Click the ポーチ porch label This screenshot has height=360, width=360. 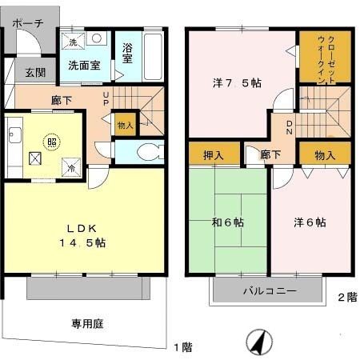click(28, 24)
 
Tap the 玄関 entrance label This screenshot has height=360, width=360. click(34, 73)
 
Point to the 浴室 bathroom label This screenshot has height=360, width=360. click(127, 54)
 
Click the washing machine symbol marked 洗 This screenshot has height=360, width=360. click(72, 42)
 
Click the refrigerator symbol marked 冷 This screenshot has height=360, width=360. click(70, 167)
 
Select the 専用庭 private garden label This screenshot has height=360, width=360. click(87, 324)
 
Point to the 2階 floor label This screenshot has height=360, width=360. click(346, 297)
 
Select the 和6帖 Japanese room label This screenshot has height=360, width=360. click(228, 222)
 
